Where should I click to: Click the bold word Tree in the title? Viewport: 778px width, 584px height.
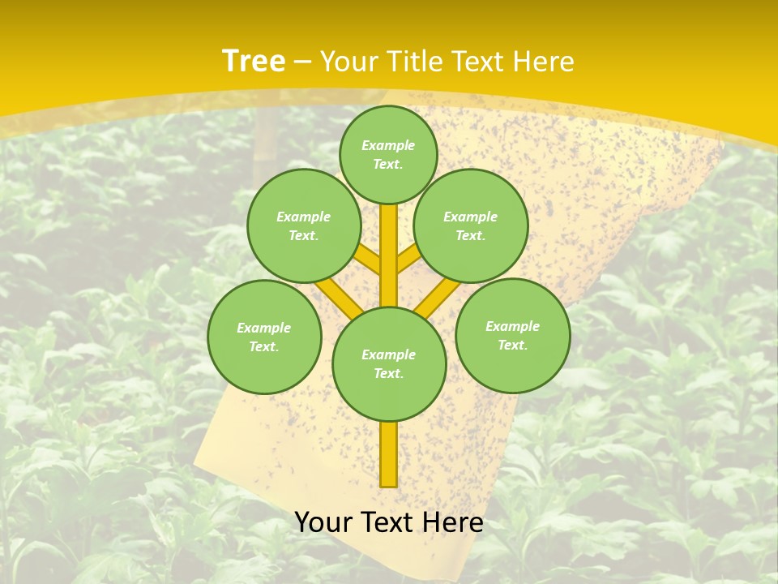254,61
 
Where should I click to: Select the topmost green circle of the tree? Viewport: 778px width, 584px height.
388,154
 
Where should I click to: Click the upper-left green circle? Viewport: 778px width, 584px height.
304,225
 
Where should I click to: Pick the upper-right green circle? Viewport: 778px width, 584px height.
471,225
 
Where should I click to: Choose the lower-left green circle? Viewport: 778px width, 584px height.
264,337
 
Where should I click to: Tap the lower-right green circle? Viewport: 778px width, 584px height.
512,335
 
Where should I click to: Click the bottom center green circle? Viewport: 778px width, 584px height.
389,363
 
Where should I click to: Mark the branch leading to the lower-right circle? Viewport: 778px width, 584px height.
438,298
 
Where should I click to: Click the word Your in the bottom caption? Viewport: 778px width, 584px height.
323,522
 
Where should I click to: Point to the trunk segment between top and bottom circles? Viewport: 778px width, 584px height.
388,255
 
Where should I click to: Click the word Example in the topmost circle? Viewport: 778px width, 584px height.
388,145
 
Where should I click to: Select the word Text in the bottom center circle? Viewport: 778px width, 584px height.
387,373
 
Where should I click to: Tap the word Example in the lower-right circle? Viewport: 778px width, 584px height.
512,326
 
